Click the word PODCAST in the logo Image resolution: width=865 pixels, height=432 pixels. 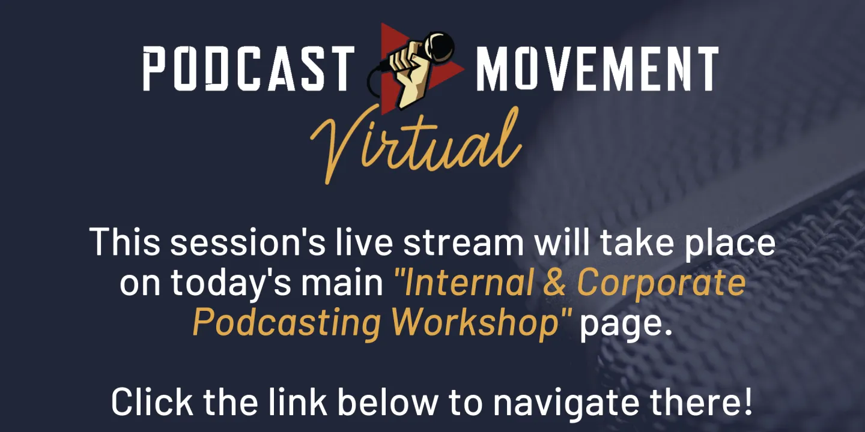[x=248, y=68]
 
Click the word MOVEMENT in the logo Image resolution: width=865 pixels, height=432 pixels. [x=597, y=68]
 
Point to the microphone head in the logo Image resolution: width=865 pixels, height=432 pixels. [x=440, y=44]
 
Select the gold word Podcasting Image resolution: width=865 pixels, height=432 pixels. [x=287, y=323]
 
